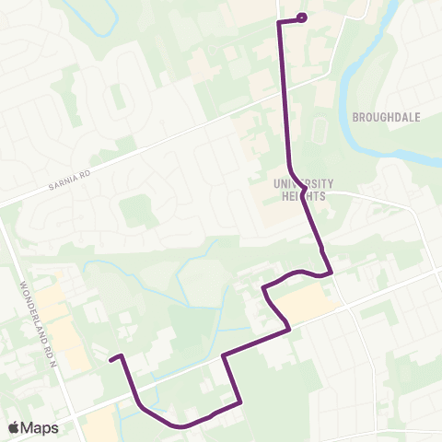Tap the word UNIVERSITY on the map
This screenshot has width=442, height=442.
coord(303,182)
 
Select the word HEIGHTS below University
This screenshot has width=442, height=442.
coord(303,193)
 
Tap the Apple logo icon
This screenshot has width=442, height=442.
coord(14,427)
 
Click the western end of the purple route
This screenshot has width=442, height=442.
coord(110,359)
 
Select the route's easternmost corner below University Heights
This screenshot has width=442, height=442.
coord(331,273)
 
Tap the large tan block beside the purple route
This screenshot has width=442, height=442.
coord(299,302)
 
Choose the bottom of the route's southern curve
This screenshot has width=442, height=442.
coord(180,426)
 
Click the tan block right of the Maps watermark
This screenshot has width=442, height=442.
coord(101,426)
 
